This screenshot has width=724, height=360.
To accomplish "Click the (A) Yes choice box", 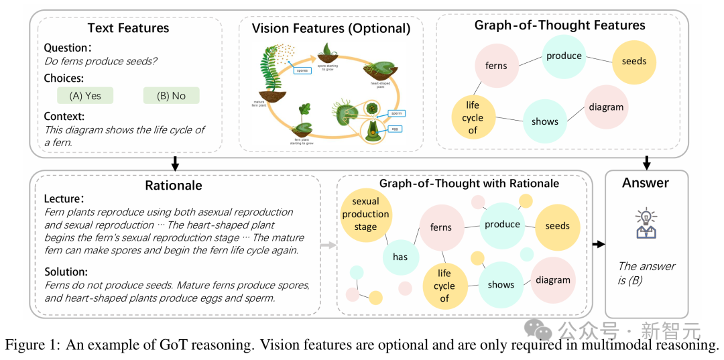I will [x=85, y=96].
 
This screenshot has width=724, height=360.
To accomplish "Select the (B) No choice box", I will [x=171, y=96].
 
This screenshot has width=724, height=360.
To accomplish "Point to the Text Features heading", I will [x=128, y=28].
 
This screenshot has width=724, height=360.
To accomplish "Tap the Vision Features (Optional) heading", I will [x=330, y=28].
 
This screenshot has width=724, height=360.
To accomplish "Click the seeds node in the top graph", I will [x=633, y=61].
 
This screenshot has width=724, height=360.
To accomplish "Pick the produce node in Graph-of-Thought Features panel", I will [x=564, y=56].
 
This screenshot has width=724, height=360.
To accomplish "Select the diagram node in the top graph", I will [x=606, y=107].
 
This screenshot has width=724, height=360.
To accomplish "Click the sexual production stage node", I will [x=365, y=214].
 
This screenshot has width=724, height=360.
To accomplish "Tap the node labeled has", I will [x=400, y=257].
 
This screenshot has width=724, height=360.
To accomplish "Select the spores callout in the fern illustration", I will [x=301, y=69].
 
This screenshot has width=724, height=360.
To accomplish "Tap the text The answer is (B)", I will [x=646, y=274].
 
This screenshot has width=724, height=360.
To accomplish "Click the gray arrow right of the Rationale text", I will [x=326, y=246].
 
